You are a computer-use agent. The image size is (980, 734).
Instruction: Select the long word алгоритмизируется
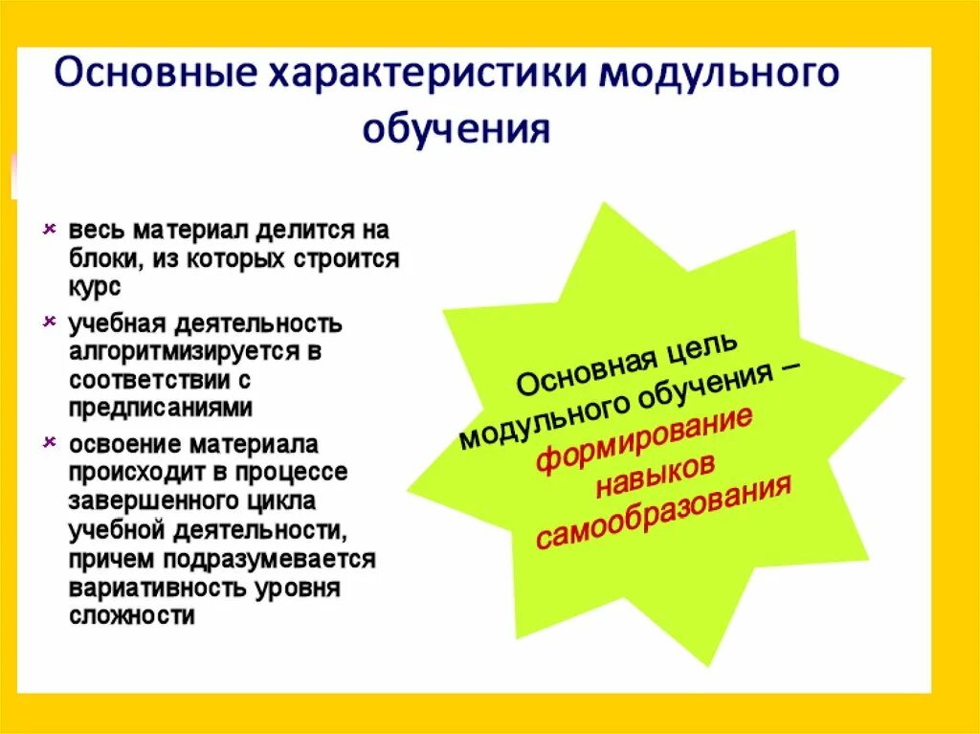183,351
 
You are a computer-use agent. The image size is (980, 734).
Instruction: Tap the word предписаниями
161,407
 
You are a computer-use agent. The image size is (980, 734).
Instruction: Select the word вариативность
152,587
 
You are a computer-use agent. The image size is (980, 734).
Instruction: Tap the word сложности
131,615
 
